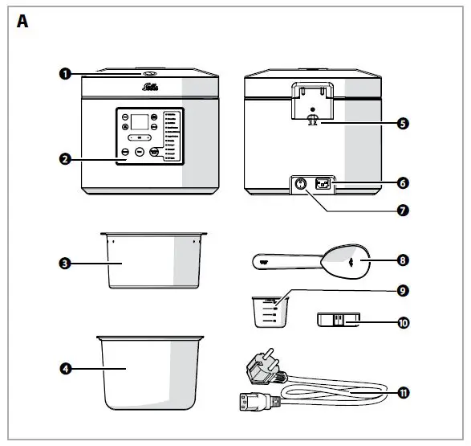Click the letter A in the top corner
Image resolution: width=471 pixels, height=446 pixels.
[22, 22]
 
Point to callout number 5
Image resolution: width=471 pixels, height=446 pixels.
[403, 123]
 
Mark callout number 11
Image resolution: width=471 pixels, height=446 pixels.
[403, 391]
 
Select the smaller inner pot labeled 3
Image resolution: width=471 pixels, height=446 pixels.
[152, 261]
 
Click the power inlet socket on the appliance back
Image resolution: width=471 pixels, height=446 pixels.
[325, 184]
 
